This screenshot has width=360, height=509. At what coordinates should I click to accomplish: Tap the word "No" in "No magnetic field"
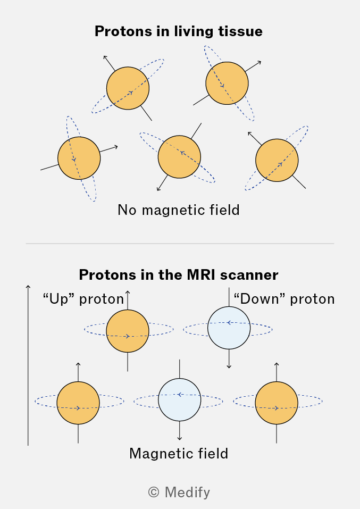point(127,210)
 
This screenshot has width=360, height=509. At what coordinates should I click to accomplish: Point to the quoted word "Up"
point(58,299)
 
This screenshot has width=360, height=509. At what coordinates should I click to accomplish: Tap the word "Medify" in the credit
point(187,493)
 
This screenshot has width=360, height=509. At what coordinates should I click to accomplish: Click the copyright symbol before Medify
point(154,493)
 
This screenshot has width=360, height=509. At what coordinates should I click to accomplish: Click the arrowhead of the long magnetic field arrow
point(28,287)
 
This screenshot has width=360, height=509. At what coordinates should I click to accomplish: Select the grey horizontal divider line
point(180,244)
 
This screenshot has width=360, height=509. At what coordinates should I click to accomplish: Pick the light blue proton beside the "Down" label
point(229,328)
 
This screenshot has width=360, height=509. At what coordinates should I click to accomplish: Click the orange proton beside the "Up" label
point(128,331)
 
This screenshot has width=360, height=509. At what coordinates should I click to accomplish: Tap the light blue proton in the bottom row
point(180,399)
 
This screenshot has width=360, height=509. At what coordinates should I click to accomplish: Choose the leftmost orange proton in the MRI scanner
point(78,403)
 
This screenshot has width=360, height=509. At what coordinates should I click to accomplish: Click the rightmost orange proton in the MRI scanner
point(277,403)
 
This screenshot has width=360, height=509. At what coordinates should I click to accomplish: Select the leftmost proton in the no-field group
point(79,158)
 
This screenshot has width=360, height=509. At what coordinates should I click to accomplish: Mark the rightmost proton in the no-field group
point(277,160)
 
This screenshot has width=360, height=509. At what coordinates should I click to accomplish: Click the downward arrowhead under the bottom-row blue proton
point(180,438)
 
